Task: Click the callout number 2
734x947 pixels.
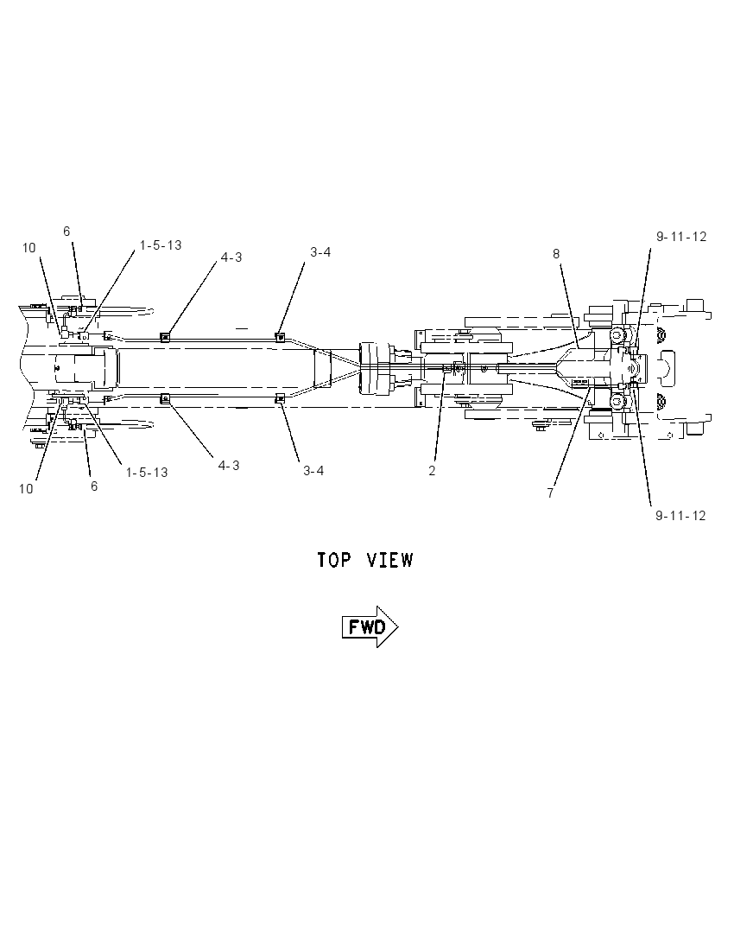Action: (432, 471)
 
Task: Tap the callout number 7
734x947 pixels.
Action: (551, 493)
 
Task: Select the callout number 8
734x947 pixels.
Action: (556, 254)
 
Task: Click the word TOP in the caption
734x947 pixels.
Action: (334, 560)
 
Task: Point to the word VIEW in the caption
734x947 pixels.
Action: (390, 560)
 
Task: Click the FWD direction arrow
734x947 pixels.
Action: (370, 627)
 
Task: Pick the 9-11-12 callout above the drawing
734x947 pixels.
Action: (681, 237)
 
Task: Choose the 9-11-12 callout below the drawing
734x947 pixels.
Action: (680, 516)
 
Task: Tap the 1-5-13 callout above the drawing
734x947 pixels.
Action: (161, 245)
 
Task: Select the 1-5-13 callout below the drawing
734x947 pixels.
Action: (147, 473)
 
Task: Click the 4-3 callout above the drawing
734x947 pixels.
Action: (231, 257)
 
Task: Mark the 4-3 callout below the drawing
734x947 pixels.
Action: (229, 466)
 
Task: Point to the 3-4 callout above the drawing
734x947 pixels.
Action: (320, 252)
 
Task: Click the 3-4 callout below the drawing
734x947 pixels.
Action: (313, 471)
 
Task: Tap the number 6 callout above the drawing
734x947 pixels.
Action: (66, 232)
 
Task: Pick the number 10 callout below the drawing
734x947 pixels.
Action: (26, 488)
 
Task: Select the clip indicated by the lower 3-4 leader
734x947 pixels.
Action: (280, 397)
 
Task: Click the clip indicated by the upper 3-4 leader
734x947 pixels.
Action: (280, 337)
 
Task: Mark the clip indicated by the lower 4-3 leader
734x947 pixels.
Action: (163, 398)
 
